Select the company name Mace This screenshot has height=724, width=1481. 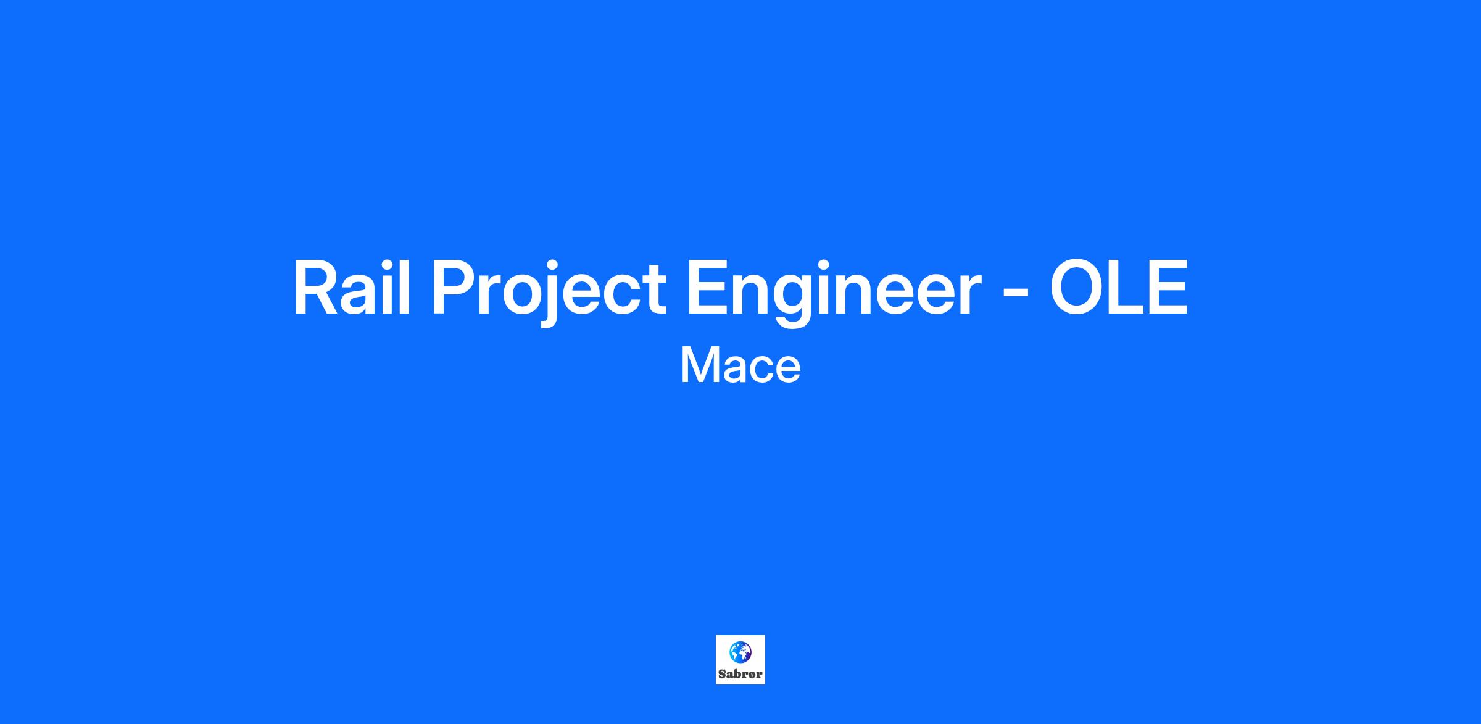(x=740, y=366)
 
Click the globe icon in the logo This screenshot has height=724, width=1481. (x=740, y=651)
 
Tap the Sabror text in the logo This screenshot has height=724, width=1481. (x=740, y=674)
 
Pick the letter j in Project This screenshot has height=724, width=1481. (x=552, y=294)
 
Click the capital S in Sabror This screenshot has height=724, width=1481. (x=722, y=674)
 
